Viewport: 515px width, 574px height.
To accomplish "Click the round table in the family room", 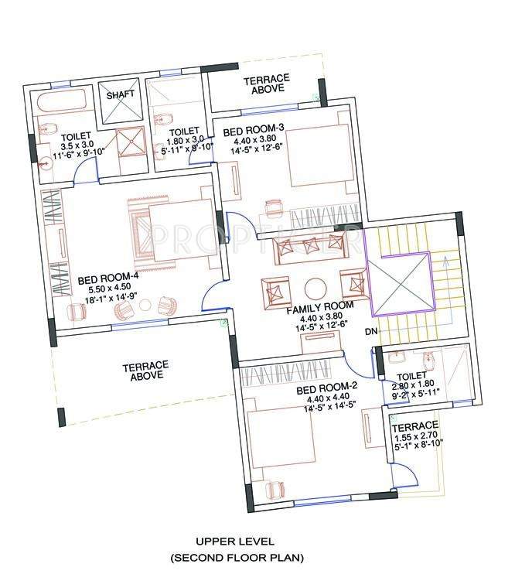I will tap(314, 289).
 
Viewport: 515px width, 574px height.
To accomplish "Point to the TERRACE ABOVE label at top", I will tap(267, 84).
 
